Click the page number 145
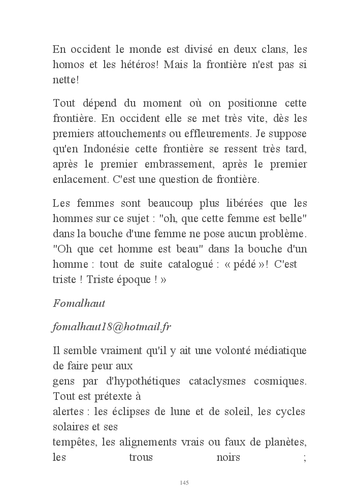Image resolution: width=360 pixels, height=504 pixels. click(184, 482)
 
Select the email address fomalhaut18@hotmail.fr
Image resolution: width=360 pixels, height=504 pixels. click(112, 327)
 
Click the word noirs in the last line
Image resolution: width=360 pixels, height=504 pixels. click(228, 457)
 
